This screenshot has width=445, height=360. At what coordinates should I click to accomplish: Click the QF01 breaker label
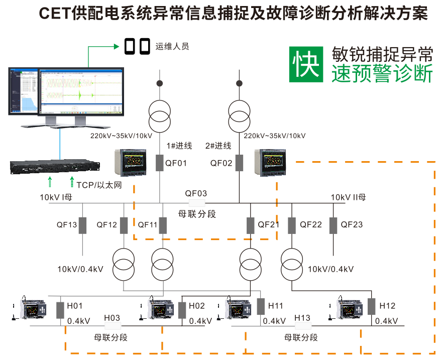[x=176, y=163]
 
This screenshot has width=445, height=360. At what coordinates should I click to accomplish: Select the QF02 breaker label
[x=221, y=163]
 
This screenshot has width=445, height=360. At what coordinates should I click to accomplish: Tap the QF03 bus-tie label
[x=196, y=194]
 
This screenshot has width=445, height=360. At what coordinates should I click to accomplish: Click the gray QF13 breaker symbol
[x=82, y=225]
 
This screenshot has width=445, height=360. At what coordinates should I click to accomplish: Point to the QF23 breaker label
[x=352, y=225]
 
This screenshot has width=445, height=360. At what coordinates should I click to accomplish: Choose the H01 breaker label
[x=75, y=306]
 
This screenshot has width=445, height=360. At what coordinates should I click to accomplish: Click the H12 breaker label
[x=387, y=306]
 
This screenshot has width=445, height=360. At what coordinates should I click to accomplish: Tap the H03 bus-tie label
[x=112, y=318]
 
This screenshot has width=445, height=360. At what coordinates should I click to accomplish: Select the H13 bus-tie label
[x=302, y=318]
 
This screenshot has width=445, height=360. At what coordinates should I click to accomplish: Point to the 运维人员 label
[x=172, y=47]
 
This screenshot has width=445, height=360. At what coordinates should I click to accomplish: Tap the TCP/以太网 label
[x=99, y=185]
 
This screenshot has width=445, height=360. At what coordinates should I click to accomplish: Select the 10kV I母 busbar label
[x=56, y=197]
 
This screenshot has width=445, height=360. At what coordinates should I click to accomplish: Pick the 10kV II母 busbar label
[x=348, y=197]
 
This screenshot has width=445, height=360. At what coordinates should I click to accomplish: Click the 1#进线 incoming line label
[x=179, y=146]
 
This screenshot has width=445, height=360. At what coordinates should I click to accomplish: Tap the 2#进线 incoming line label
[x=218, y=146]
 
